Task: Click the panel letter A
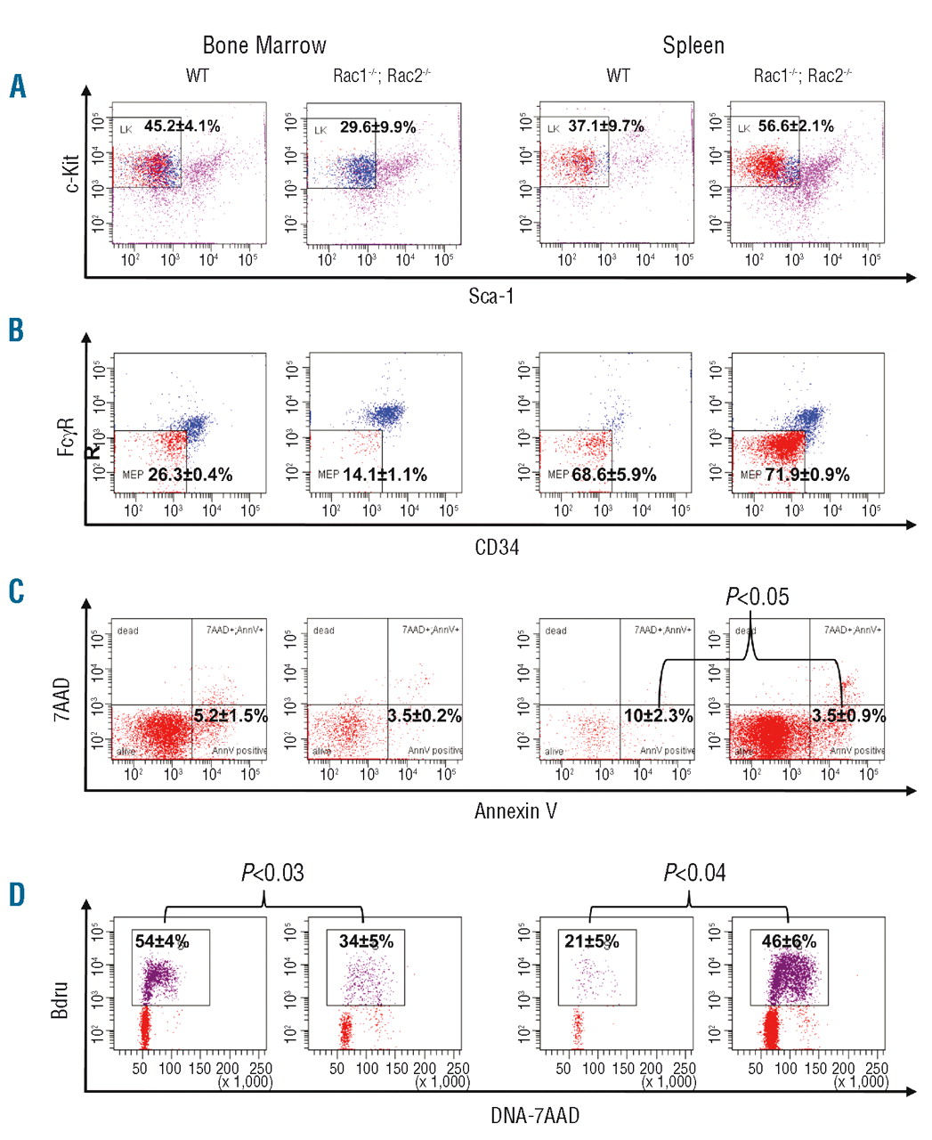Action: click(x=18, y=86)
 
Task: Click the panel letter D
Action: click(x=18, y=894)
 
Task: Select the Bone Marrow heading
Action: click(x=264, y=45)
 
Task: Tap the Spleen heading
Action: click(x=693, y=45)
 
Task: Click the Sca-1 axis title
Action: click(x=491, y=296)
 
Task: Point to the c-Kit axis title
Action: click(x=71, y=174)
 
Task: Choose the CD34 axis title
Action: click(x=497, y=547)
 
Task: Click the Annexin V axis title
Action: click(x=515, y=810)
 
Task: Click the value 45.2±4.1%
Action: click(x=182, y=126)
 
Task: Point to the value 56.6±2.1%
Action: click(x=796, y=126)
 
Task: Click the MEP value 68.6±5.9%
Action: click(x=613, y=475)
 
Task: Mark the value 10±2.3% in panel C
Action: click(x=658, y=716)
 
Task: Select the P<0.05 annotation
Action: click(x=758, y=597)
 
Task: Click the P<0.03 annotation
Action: click(x=272, y=874)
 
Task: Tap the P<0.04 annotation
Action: click(x=694, y=874)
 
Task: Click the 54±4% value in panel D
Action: click(x=161, y=941)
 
